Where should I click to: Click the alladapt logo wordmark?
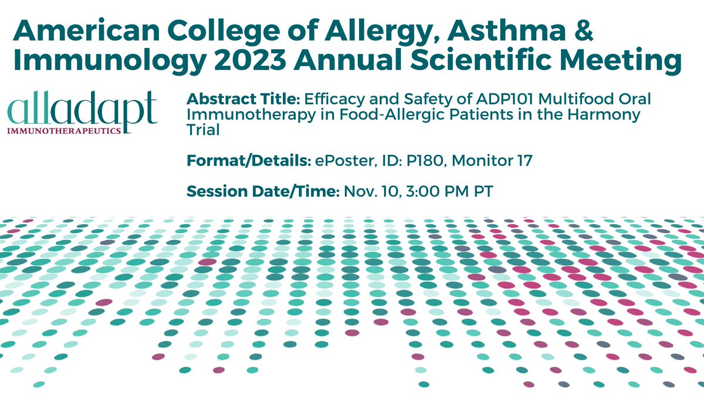(83, 110)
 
